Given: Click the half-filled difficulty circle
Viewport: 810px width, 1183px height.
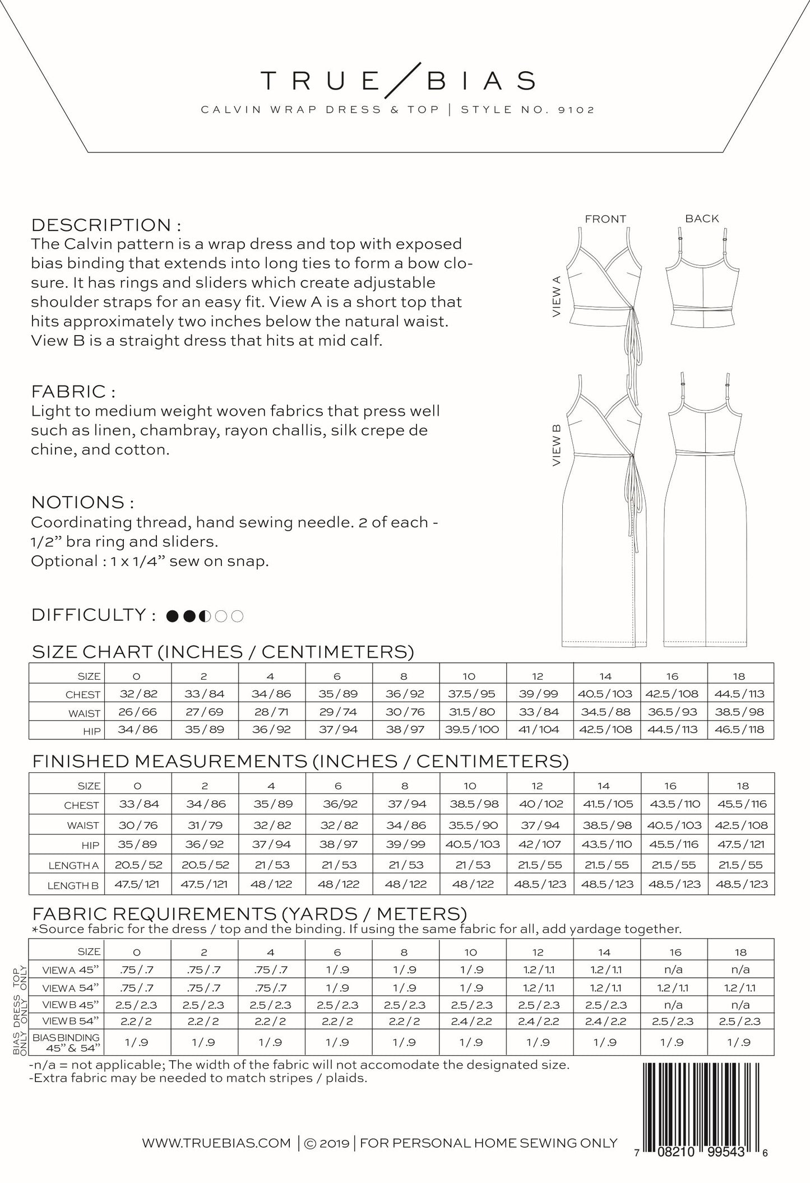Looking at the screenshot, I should point(206,616).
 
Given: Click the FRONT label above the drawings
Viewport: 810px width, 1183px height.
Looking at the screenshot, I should point(605,219).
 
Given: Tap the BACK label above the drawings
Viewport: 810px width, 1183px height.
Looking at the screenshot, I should point(701,219).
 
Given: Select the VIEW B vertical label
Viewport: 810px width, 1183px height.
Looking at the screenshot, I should point(557,446).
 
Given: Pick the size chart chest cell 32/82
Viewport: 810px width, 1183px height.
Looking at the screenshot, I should point(138,694).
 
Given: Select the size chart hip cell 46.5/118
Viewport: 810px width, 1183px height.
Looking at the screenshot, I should point(740,730).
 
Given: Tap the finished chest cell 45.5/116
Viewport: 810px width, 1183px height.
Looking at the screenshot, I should point(741,804).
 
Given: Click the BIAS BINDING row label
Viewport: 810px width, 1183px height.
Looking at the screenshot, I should point(66,1042).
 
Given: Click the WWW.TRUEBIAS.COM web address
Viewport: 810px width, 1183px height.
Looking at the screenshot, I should point(216,1144).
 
